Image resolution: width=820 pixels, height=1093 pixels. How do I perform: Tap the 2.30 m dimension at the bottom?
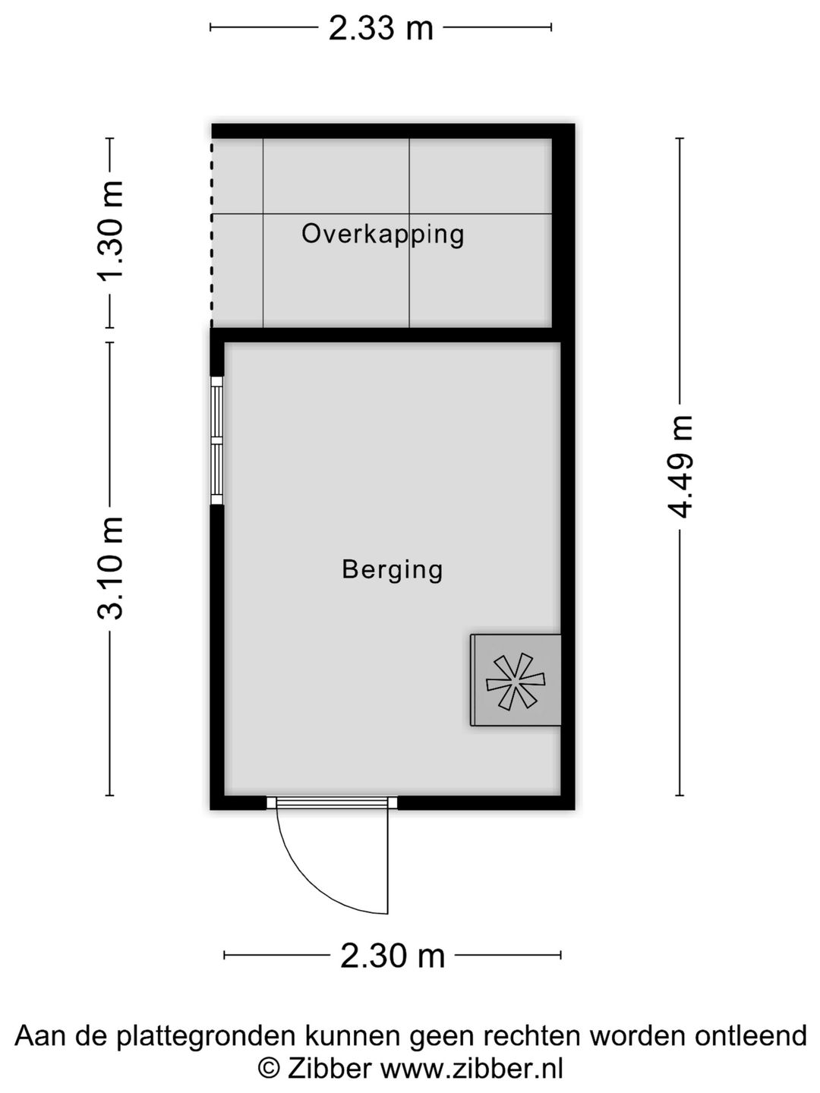click(x=392, y=955)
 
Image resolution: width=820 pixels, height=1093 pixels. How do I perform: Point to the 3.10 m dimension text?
click(x=111, y=568)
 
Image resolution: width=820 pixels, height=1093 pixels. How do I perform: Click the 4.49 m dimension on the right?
click(x=680, y=467)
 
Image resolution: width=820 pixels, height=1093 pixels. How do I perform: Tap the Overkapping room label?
click(x=383, y=234)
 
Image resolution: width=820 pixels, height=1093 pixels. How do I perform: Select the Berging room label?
click(x=392, y=569)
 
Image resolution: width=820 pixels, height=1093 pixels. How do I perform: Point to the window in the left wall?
click(x=217, y=440)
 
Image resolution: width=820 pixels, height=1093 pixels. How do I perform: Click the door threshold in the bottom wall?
click(x=332, y=802)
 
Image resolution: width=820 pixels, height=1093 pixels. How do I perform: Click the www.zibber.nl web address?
click(x=471, y=1069)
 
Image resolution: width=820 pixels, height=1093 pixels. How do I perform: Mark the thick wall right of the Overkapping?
click(x=563, y=228)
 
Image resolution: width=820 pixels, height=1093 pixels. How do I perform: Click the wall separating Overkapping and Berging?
click(x=387, y=335)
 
